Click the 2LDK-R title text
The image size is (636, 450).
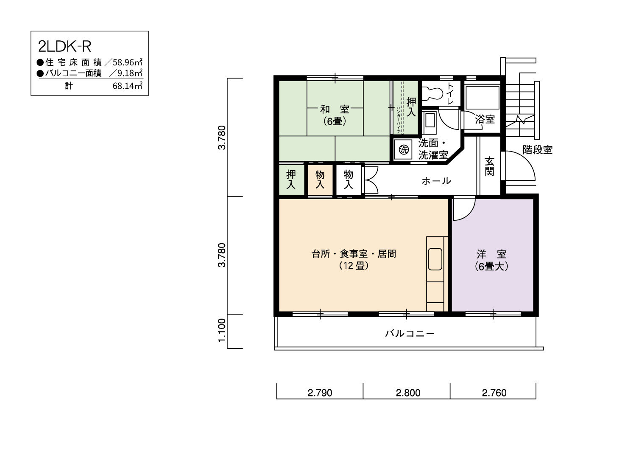click(x=64, y=47)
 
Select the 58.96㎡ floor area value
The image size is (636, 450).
click(x=128, y=62)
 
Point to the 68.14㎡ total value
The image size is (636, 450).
click(x=128, y=86)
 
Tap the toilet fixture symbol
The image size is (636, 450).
click(x=432, y=93)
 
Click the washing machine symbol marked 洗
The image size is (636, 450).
click(x=404, y=149)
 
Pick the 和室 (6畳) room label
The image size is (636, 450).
click(x=335, y=115)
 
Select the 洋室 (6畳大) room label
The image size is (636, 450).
click(x=491, y=260)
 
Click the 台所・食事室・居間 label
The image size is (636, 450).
click(x=354, y=253)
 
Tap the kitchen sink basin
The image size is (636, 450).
click(x=435, y=259)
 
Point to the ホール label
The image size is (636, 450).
click(x=436, y=181)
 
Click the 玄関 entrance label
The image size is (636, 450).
click(x=489, y=166)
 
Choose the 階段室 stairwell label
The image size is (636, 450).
click(x=538, y=150)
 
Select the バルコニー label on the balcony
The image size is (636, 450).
click(x=410, y=333)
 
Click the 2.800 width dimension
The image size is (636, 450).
click(x=408, y=393)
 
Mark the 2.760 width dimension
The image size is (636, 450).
click(x=494, y=393)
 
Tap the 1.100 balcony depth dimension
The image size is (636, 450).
click(x=222, y=330)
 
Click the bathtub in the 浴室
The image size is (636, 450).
click(x=483, y=98)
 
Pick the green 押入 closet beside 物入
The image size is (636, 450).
click(x=291, y=180)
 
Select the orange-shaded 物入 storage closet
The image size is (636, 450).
click(x=320, y=180)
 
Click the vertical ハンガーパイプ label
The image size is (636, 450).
click(x=398, y=120)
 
